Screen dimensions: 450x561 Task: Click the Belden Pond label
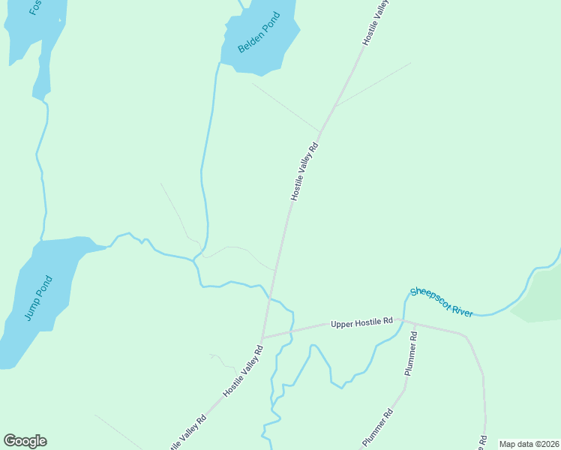tap(259, 33)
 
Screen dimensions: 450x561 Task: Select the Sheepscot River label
tap(442, 301)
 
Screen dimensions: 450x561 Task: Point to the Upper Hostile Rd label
tap(361, 322)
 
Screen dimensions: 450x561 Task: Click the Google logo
tap(25, 441)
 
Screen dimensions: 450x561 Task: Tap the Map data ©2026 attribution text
tap(529, 444)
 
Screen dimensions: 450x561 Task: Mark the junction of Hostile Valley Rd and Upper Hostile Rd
tap(262, 337)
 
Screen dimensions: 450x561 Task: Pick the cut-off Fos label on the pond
tap(34, 7)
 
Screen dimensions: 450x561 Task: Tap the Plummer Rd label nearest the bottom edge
tap(377, 428)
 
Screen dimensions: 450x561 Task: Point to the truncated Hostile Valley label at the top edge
tap(376, 22)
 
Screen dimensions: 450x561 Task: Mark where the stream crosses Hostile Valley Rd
tap(269, 298)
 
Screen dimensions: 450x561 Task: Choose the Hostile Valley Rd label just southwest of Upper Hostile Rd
tap(243, 371)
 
